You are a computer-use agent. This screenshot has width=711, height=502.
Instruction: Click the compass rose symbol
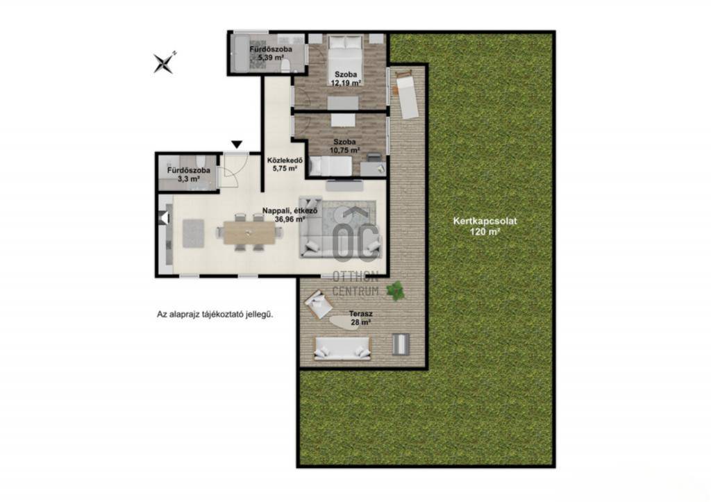(x=164, y=62)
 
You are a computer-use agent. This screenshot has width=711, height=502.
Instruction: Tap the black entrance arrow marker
(x=237, y=144)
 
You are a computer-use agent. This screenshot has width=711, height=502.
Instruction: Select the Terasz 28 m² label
(x=361, y=318)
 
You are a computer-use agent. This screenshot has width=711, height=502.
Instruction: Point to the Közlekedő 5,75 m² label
(x=285, y=164)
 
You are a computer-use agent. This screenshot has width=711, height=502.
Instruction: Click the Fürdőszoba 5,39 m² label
(x=271, y=53)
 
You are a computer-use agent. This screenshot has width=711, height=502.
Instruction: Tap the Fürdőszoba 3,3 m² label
(x=189, y=174)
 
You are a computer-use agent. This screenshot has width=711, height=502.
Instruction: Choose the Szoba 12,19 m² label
(x=346, y=78)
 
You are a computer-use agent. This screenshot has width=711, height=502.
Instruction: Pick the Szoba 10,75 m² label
(x=345, y=146)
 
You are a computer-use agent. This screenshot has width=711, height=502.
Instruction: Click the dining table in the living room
(x=249, y=232)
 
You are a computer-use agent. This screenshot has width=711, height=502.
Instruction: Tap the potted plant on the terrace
(x=396, y=290)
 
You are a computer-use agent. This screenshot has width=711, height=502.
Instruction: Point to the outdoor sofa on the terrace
(x=342, y=348)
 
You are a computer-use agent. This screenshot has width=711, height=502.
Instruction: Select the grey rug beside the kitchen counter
(x=194, y=233)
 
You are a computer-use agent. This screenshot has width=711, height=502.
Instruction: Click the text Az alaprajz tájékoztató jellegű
(x=215, y=315)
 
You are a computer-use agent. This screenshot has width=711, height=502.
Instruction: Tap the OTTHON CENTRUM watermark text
(x=355, y=283)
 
